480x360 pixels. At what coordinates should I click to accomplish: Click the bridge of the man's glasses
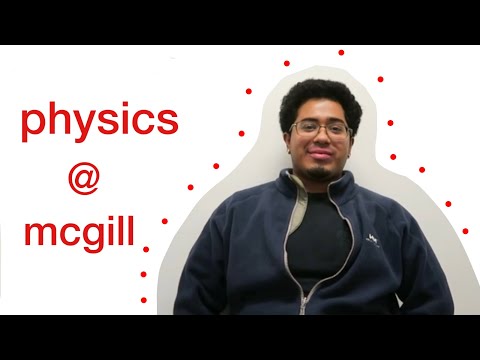point(320,130)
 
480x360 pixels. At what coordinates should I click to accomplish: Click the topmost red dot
point(341,52)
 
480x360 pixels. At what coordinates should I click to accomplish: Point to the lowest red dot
point(143,298)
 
